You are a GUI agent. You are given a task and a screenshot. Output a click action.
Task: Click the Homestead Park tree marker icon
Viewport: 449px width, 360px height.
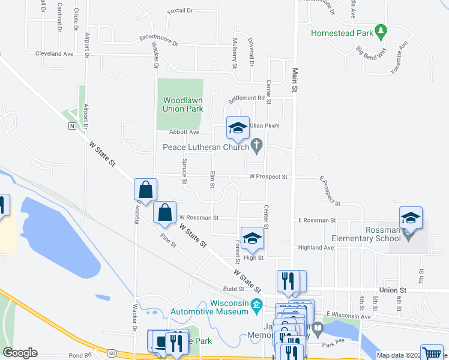(380, 31)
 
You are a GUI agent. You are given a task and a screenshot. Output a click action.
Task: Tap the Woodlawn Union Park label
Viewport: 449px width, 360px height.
(183, 104)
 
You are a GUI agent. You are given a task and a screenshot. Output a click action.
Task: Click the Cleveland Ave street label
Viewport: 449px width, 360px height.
(54, 53)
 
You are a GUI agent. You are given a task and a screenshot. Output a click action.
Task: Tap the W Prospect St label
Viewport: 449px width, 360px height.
(269, 177)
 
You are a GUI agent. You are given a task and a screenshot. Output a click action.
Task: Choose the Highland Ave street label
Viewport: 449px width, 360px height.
(315, 247)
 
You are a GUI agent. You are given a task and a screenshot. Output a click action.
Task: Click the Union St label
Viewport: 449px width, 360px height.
(393, 290)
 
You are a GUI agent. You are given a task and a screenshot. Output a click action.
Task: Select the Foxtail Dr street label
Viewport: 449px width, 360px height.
(180, 11)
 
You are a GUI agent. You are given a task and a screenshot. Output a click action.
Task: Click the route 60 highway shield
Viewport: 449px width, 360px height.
(112, 353)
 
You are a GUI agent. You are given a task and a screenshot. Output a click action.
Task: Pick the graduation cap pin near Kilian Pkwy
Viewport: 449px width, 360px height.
(238, 128)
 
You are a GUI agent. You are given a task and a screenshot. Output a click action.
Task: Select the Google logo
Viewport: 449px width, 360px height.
(20, 353)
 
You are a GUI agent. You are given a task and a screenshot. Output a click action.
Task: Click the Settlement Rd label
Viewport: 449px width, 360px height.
(246, 98)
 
